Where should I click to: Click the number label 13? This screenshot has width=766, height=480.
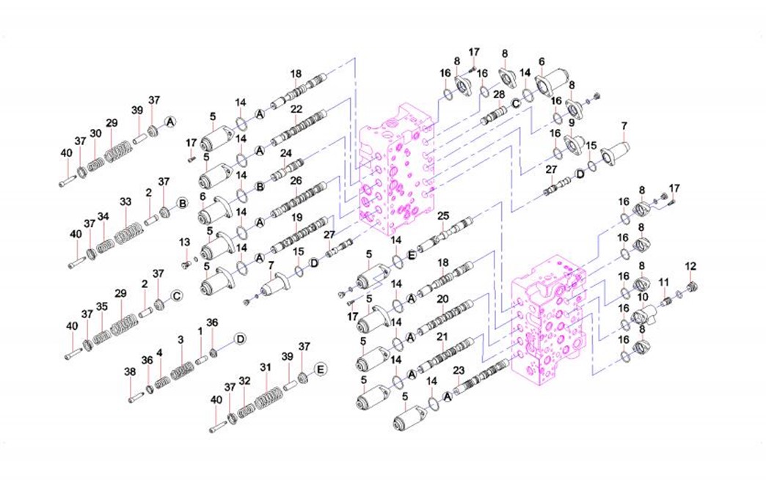click(184, 243)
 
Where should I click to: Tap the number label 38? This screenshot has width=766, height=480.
click(129, 372)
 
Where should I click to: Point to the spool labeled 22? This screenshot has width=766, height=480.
click(297, 129)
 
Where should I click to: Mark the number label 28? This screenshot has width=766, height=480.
click(499, 94)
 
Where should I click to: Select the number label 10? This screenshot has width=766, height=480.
click(643, 297)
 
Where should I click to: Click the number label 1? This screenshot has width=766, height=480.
click(200, 331)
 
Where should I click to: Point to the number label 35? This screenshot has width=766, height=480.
click(101, 306)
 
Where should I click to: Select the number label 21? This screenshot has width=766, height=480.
click(442, 336)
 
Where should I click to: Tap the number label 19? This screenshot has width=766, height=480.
click(297, 217)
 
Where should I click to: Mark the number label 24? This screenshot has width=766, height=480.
click(286, 153)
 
